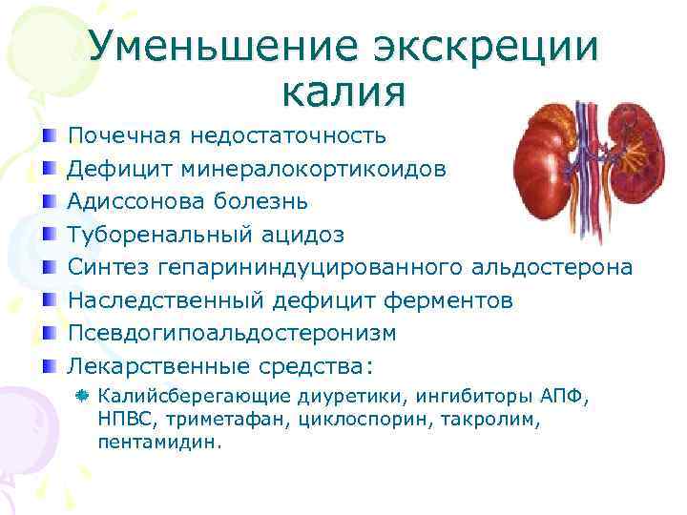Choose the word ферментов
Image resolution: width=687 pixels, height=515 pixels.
click(x=448, y=300)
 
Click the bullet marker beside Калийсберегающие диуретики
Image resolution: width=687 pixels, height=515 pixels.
click(x=85, y=394)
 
